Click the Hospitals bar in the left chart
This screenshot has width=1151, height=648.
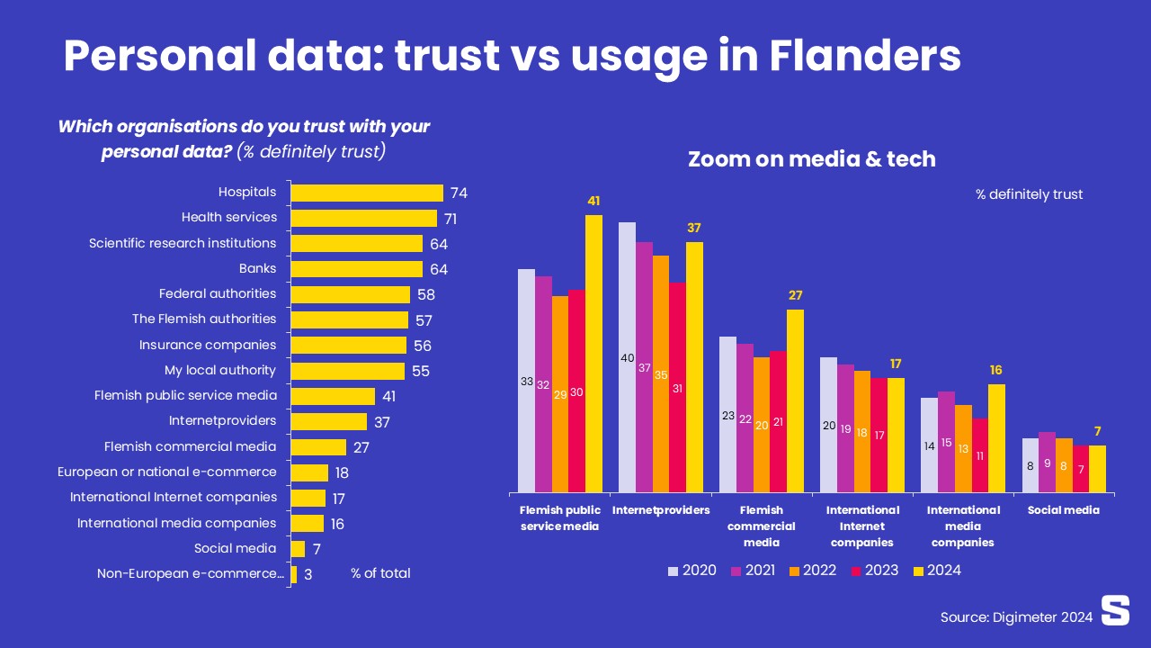click(x=367, y=193)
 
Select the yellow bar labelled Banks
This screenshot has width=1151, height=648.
click(x=356, y=269)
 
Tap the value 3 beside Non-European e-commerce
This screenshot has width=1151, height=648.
click(x=308, y=574)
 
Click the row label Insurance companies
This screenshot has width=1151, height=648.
click(x=208, y=345)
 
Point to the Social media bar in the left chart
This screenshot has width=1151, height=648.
click(x=298, y=549)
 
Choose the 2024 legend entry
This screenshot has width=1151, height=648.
click(x=937, y=570)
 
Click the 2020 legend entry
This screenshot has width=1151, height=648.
click(x=692, y=570)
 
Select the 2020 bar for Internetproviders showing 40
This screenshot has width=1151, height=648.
click(x=627, y=357)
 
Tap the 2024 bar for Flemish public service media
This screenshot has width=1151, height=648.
click(x=593, y=353)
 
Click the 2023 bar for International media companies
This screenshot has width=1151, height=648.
click(x=979, y=454)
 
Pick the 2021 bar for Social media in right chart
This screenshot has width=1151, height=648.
click(x=1047, y=462)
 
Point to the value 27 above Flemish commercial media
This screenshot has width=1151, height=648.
click(x=795, y=295)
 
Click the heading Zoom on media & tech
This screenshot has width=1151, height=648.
click(x=811, y=159)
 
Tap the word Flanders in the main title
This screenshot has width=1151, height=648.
click(x=865, y=56)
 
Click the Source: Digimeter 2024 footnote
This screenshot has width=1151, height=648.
click(x=1016, y=616)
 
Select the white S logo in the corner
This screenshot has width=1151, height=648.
click(x=1115, y=609)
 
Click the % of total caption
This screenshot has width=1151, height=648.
click(x=380, y=573)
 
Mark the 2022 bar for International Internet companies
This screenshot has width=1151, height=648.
click(x=862, y=431)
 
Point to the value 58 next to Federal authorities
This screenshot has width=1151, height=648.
click(x=424, y=295)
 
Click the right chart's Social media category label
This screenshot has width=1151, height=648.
click(x=1064, y=510)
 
